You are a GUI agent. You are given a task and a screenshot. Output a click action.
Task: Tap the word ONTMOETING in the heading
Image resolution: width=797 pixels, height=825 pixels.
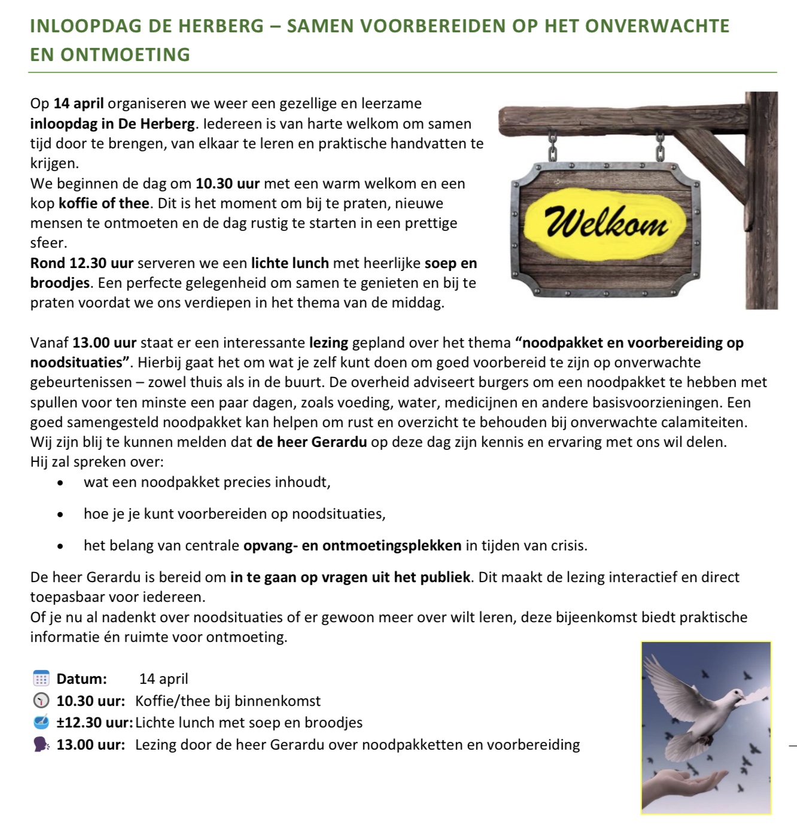126,54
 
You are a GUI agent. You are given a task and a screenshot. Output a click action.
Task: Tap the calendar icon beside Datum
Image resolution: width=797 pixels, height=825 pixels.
41,679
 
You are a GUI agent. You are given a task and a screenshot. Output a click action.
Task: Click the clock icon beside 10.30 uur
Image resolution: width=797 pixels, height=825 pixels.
41,701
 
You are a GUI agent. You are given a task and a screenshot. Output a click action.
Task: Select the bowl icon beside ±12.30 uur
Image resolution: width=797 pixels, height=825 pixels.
41,722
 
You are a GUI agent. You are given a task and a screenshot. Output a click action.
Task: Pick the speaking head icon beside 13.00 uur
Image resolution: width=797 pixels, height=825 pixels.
41,744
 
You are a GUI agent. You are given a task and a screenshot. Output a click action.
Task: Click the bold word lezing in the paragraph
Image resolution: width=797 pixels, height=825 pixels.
328,343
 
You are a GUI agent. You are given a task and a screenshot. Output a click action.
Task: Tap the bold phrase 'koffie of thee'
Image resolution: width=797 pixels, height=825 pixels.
104,203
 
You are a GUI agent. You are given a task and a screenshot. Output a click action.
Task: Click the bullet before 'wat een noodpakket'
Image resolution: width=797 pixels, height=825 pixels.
59,482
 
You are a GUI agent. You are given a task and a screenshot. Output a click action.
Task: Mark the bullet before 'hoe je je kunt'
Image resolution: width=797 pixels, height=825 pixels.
59,514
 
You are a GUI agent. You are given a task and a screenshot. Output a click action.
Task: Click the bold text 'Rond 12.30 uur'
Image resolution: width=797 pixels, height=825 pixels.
82,263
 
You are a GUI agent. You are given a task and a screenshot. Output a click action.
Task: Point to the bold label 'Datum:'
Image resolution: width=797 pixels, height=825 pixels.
81,679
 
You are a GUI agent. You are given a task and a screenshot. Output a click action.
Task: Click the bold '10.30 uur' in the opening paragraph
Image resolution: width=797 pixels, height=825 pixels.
227,184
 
